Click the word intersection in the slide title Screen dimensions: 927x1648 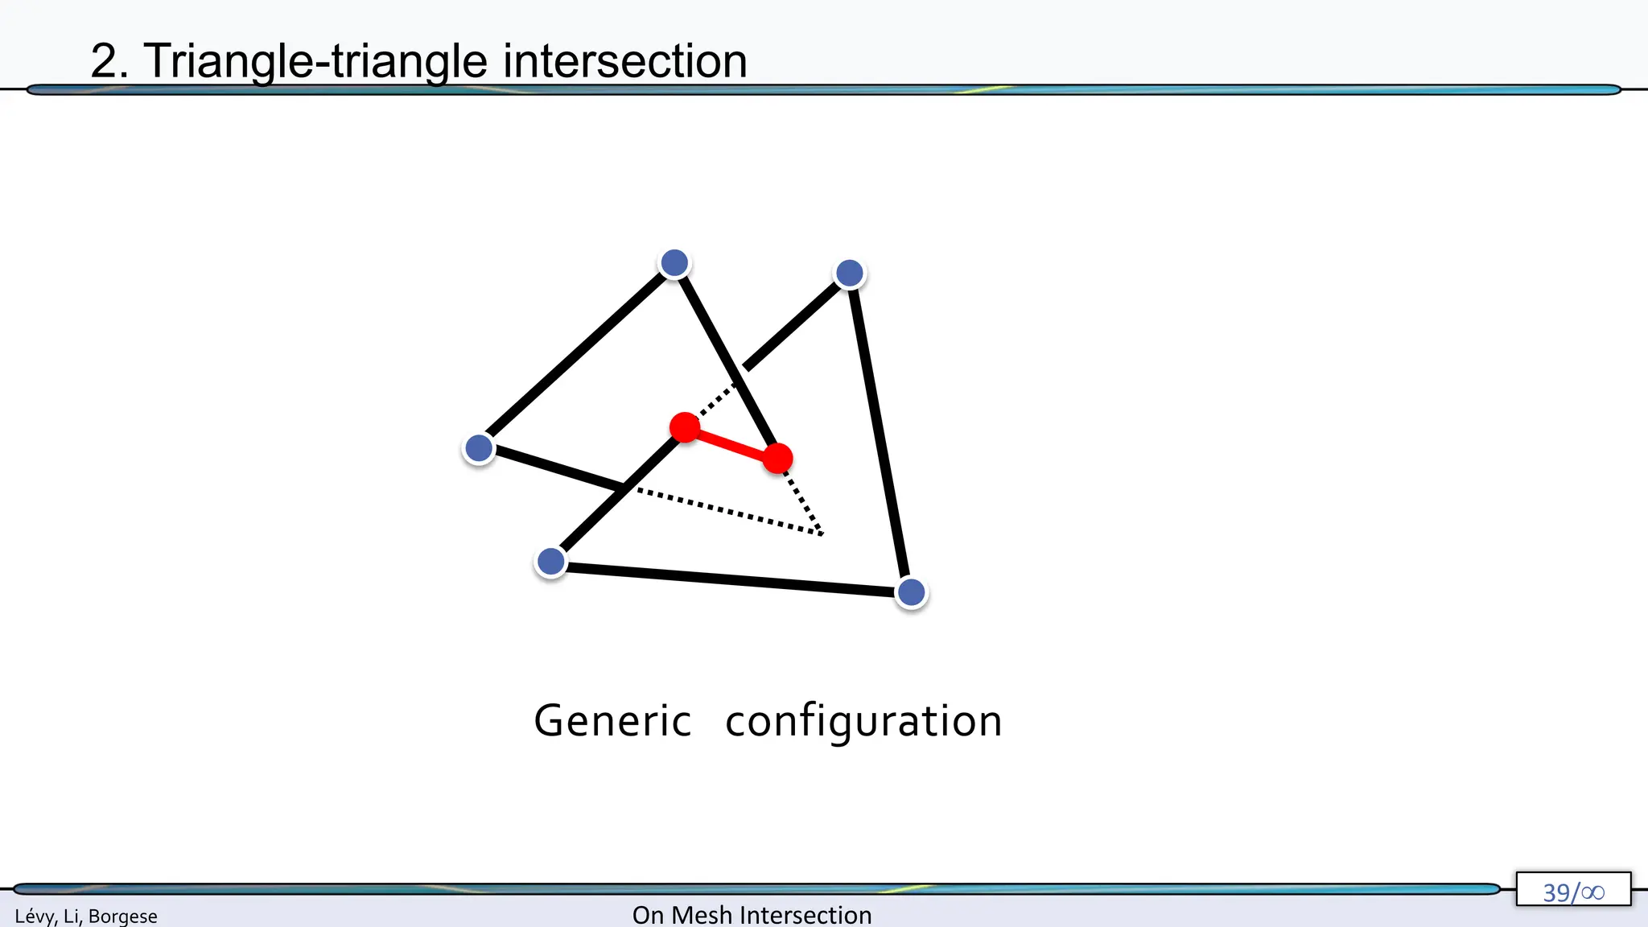(625, 61)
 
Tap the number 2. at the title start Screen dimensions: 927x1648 (109, 61)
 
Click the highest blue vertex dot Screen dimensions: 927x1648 (674, 262)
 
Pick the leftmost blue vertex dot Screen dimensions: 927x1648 (479, 448)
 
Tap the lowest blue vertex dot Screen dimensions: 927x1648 (911, 593)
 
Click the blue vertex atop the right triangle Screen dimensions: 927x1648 (850, 274)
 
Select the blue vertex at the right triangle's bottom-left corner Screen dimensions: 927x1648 (551, 562)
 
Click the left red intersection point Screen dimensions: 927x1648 (685, 427)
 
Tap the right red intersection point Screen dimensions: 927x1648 (777, 459)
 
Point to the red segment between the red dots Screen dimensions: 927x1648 (731, 443)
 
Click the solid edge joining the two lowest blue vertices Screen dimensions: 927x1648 (731, 578)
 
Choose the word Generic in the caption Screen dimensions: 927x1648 (612, 721)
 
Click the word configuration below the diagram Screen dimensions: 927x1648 (863, 721)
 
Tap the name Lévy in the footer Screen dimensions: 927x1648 (35, 916)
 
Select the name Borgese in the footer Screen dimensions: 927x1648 (123, 916)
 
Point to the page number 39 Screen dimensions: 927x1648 (1556, 892)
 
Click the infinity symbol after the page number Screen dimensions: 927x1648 (1592, 892)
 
